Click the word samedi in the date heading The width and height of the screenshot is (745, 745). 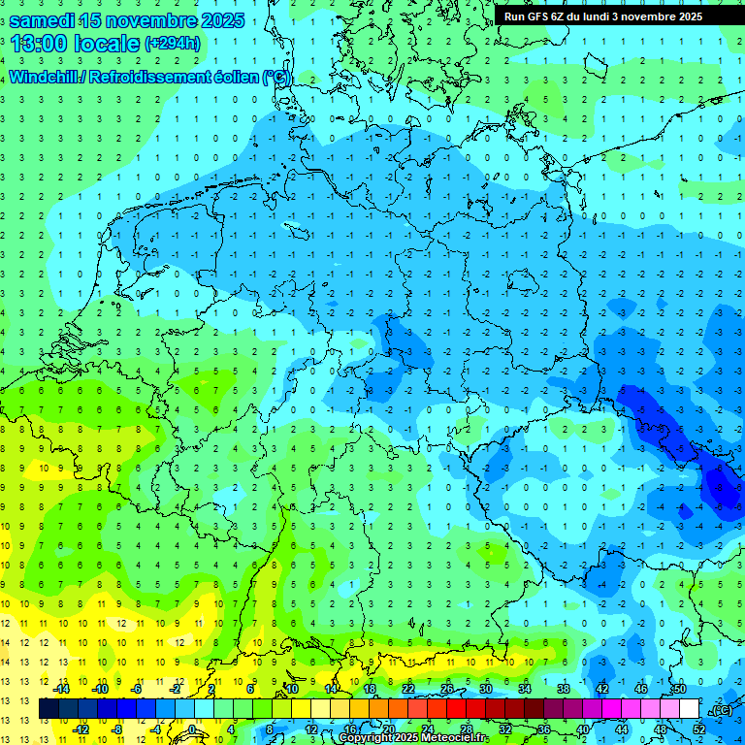(x=47, y=20)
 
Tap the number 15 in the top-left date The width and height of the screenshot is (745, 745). (x=104, y=20)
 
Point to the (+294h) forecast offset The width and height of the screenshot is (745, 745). (x=173, y=44)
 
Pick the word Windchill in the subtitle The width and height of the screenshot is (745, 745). (x=44, y=77)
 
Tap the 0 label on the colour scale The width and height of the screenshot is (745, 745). (x=193, y=729)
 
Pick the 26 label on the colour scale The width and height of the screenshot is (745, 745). (x=447, y=689)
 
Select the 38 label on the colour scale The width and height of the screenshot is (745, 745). (x=563, y=689)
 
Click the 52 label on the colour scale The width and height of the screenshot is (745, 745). (x=698, y=729)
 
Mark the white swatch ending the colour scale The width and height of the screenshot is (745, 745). (x=689, y=708)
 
